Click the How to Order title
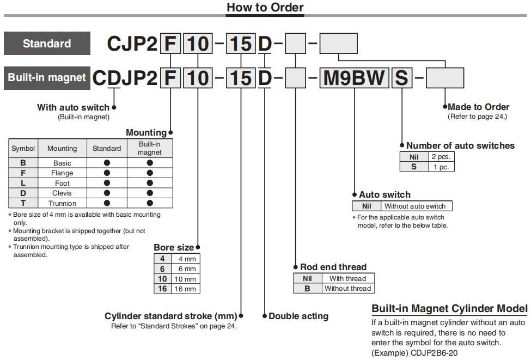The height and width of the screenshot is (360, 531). tap(265, 8)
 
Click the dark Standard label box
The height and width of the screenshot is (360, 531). tap(47, 44)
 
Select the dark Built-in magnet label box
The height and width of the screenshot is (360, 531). tap(47, 77)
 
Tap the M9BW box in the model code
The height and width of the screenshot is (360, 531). tap(354, 78)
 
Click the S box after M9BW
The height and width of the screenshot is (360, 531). tap(401, 78)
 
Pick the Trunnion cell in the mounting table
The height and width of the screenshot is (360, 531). tap(62, 203)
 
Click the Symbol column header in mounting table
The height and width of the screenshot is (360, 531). tap(23, 148)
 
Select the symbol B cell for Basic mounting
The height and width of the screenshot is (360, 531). tap(23, 163)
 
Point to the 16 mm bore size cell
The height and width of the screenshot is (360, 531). tap(184, 289)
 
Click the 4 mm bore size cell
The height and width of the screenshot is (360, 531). tap(184, 259)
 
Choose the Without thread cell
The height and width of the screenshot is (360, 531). tap(347, 289)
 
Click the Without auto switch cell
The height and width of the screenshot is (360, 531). tap(415, 206)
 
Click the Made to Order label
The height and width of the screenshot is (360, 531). tap(479, 107)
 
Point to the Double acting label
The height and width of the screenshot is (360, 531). tap(298, 316)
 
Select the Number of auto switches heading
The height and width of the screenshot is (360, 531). tap(460, 145)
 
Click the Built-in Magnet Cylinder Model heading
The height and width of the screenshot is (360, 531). tap(449, 309)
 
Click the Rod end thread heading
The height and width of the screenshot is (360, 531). tap(333, 267)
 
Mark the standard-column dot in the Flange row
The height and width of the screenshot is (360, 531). tap(107, 173)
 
